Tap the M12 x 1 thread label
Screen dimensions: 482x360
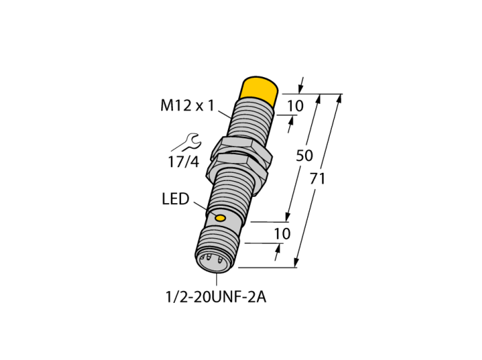pos(187,106)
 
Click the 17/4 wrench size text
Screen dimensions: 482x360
pos(184,162)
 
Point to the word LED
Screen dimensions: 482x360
pos(176,199)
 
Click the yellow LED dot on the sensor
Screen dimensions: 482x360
pos(220,218)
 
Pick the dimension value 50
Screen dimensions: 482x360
pos(304,156)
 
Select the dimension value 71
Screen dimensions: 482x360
pos(317,179)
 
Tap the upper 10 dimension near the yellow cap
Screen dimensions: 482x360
pos(295,106)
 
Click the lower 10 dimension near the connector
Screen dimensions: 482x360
pos(282,234)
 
